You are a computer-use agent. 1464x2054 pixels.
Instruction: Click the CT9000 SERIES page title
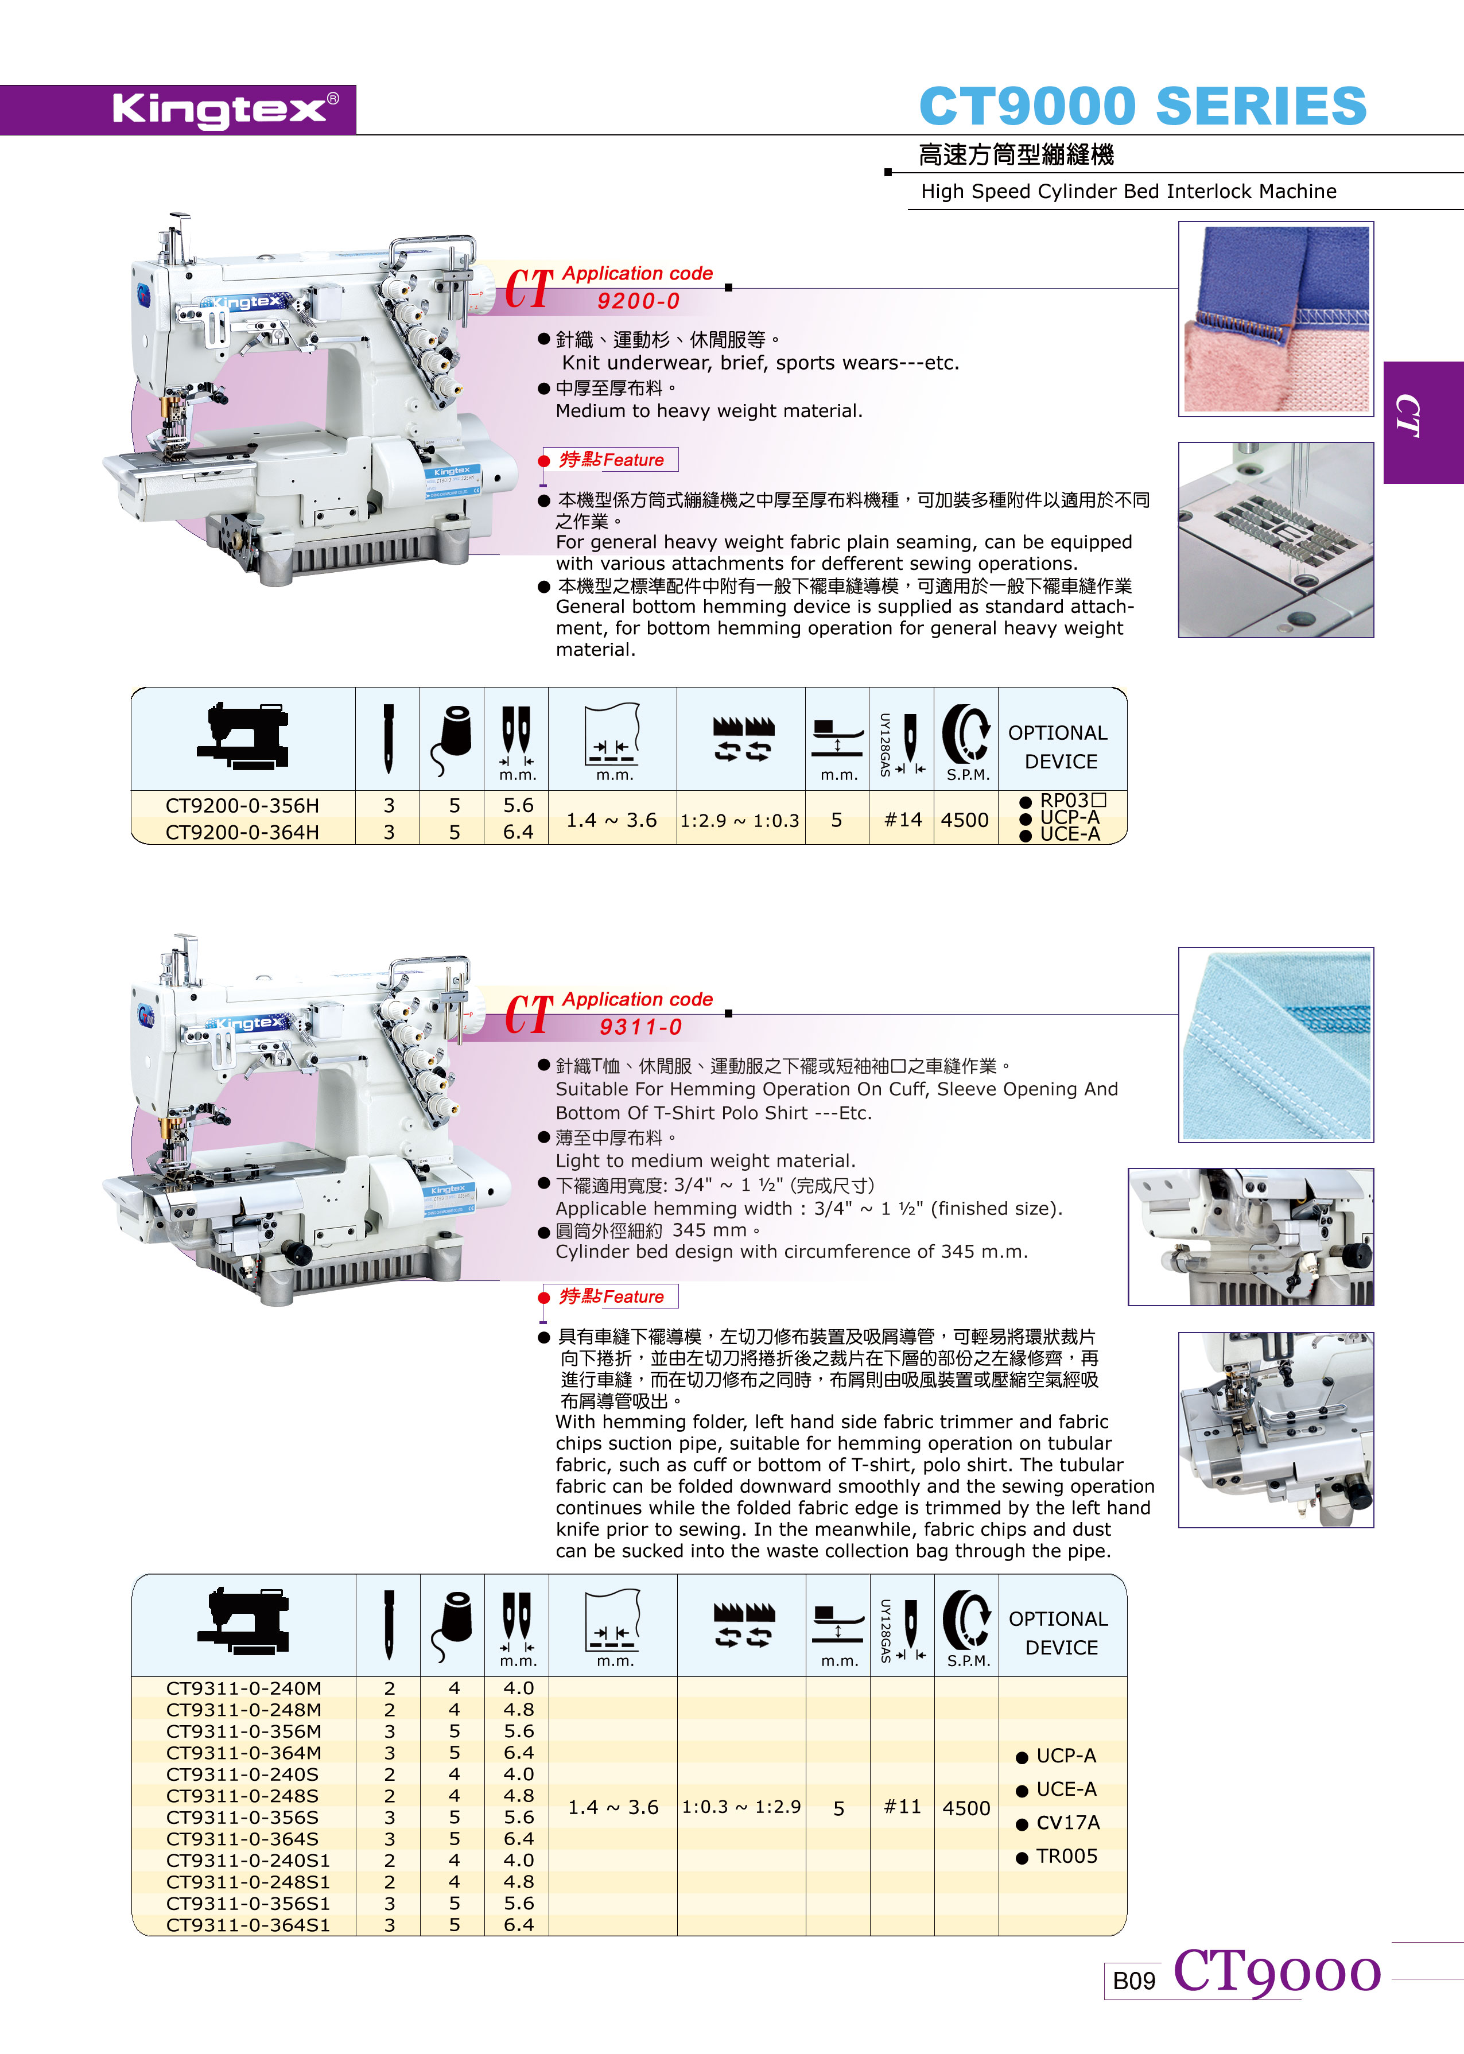pos(1142,106)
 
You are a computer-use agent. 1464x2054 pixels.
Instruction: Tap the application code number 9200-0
pos(638,301)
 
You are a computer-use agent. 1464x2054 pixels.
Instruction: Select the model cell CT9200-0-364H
pos(243,832)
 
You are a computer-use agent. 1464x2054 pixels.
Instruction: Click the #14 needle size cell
pos(902,820)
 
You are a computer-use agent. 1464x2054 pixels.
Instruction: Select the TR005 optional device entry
pos(1058,1856)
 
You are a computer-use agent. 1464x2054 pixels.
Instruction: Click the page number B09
pos(1134,1981)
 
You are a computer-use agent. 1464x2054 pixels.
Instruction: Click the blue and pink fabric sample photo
pos(1276,319)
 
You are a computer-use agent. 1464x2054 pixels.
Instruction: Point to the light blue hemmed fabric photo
pos(1276,1045)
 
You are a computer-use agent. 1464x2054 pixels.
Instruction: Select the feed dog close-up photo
pos(1276,540)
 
